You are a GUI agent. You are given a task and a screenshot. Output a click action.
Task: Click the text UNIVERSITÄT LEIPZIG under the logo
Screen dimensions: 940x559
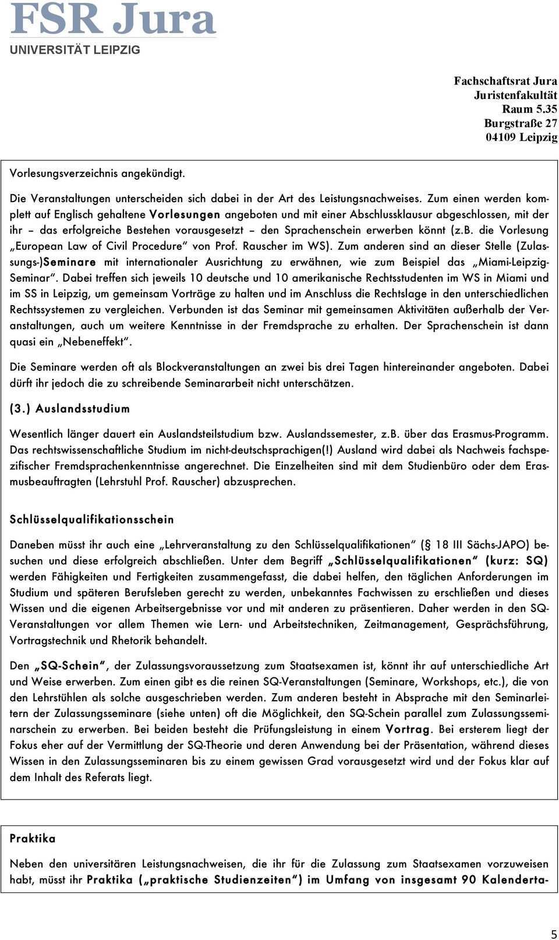[75, 50]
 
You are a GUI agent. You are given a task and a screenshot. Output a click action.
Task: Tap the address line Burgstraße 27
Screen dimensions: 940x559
[520, 123]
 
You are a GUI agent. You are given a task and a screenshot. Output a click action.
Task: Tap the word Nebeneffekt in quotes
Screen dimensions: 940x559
[95, 342]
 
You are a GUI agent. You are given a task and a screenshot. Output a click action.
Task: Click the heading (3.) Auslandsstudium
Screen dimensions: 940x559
[70, 409]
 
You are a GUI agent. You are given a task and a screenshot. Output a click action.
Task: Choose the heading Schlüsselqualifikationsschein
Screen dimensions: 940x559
[91, 519]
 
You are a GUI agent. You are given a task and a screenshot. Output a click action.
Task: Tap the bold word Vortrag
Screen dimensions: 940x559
[408, 729]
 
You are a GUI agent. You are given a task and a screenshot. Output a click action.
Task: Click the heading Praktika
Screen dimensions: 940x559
[33, 839]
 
